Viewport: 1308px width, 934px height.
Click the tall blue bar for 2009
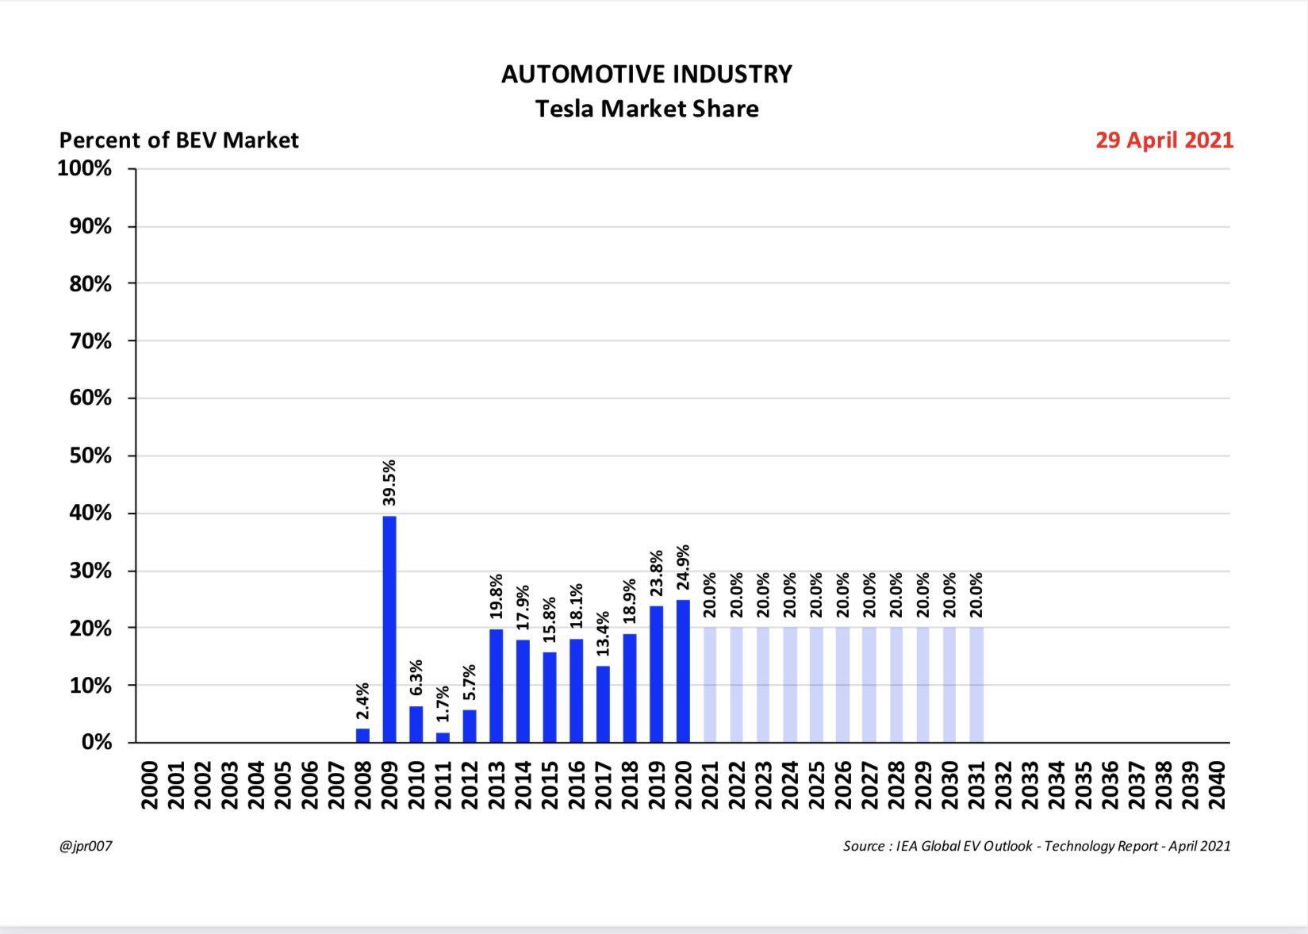coord(389,629)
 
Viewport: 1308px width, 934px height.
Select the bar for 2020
coord(683,671)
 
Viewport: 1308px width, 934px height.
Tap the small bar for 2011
coord(443,737)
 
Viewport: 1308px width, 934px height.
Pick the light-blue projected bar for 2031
coord(976,685)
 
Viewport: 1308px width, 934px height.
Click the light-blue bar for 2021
coord(710,685)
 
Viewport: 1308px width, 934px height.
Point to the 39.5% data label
coord(389,482)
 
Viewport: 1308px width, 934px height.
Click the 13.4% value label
coord(603,634)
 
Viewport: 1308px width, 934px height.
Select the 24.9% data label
coord(683,567)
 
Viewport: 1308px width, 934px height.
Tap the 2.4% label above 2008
coord(362,701)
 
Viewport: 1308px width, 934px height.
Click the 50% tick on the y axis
coord(90,455)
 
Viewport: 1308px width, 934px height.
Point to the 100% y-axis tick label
coord(85,168)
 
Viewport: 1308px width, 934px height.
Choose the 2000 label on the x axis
coord(149,785)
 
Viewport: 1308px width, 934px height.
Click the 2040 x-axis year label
coord(1217,785)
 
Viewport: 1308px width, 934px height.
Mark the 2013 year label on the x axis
coord(497,785)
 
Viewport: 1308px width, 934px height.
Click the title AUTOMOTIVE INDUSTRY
coord(646,74)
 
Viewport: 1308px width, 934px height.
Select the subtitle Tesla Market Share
coord(646,109)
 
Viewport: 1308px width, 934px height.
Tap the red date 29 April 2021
coord(1164,140)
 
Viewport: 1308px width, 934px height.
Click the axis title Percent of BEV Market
coord(178,140)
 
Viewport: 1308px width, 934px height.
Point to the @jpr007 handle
coord(86,846)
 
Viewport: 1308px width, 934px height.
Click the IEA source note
coord(1036,846)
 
